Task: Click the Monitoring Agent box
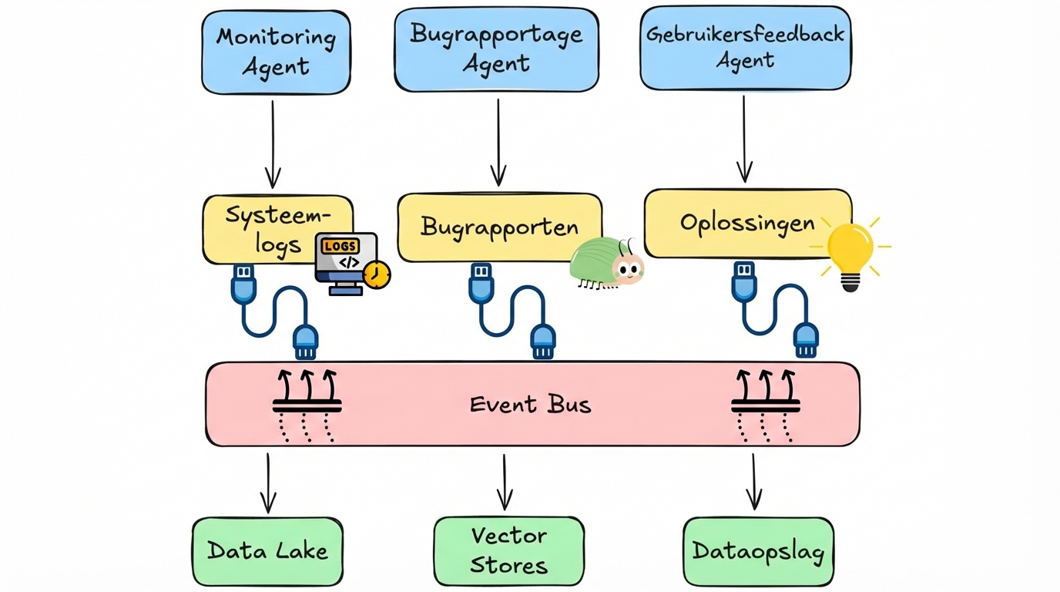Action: coord(276,52)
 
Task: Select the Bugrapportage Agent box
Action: coord(496,49)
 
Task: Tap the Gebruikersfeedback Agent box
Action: coord(745,48)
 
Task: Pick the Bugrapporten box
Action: coord(499,227)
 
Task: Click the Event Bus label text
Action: coord(531,404)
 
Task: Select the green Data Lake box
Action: coord(267,550)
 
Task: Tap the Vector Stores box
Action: coord(508,550)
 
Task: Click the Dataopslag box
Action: coord(758,551)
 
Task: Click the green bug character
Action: coord(607,263)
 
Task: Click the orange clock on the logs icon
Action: coord(377,275)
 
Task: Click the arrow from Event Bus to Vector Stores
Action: coord(505,482)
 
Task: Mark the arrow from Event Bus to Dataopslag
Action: coord(754,482)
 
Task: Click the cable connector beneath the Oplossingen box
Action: coord(774,308)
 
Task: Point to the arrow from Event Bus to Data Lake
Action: coord(267,483)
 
